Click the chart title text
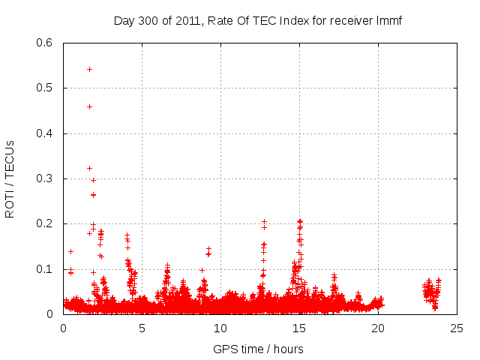pyautogui.click(x=258, y=20)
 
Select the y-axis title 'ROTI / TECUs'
pyautogui.click(x=10, y=178)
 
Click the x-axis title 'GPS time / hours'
pyautogui.click(x=258, y=349)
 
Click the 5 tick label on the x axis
pyautogui.click(x=142, y=328)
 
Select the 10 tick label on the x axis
pyautogui.click(x=220, y=328)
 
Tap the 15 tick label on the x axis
pyautogui.click(x=299, y=328)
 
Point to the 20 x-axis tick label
pyautogui.click(x=378, y=328)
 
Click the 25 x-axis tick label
pyautogui.click(x=457, y=328)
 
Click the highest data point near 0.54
pyautogui.click(x=89, y=69)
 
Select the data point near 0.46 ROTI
pyautogui.click(x=89, y=106)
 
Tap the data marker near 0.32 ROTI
pyautogui.click(x=89, y=168)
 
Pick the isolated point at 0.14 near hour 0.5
pyautogui.click(x=70, y=251)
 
